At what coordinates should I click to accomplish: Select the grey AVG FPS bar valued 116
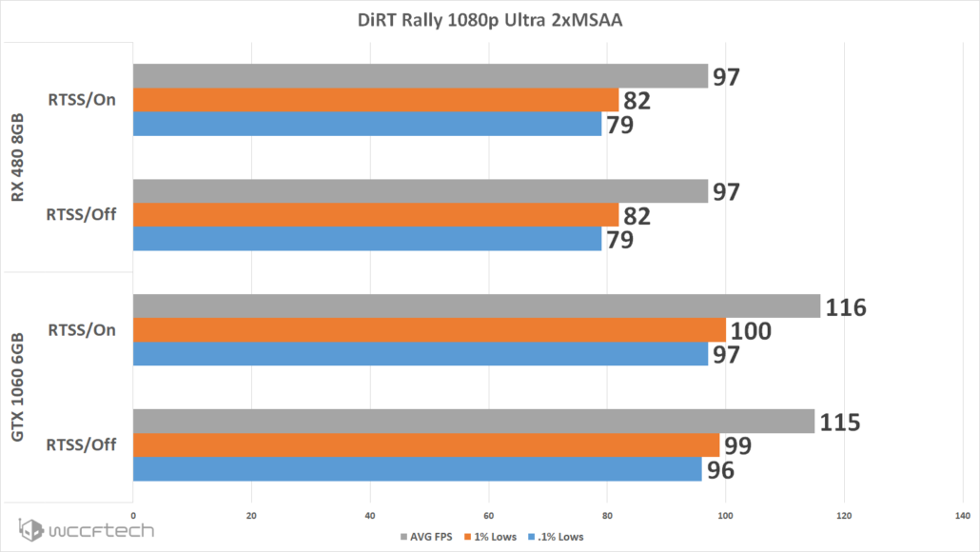click(x=476, y=306)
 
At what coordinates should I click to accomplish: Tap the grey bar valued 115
click(x=473, y=421)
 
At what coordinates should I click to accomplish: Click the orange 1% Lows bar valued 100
click(x=429, y=330)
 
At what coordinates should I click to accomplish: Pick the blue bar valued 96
click(x=417, y=469)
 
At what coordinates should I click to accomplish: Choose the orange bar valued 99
click(x=426, y=445)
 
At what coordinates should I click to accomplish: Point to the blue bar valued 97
click(x=420, y=354)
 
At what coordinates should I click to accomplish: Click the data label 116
click(x=846, y=306)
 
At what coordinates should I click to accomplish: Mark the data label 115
click(x=839, y=422)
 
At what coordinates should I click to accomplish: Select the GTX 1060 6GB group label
click(x=19, y=386)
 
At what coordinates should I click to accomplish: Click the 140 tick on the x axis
click(x=961, y=516)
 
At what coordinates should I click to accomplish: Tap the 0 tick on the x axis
click(x=133, y=516)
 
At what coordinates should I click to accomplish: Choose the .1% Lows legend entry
click(x=558, y=537)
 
